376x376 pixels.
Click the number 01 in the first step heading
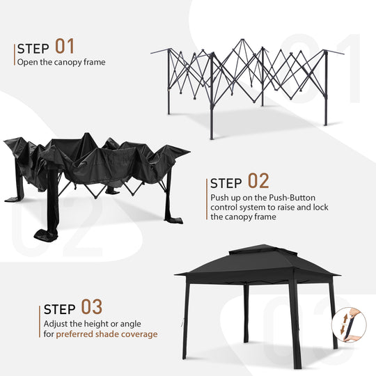(65, 47)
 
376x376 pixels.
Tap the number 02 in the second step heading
(258, 182)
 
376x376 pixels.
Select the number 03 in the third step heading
(92, 307)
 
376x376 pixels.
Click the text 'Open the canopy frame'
(61, 62)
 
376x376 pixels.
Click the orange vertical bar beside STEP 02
(207, 198)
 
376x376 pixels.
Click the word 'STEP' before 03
(61, 309)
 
